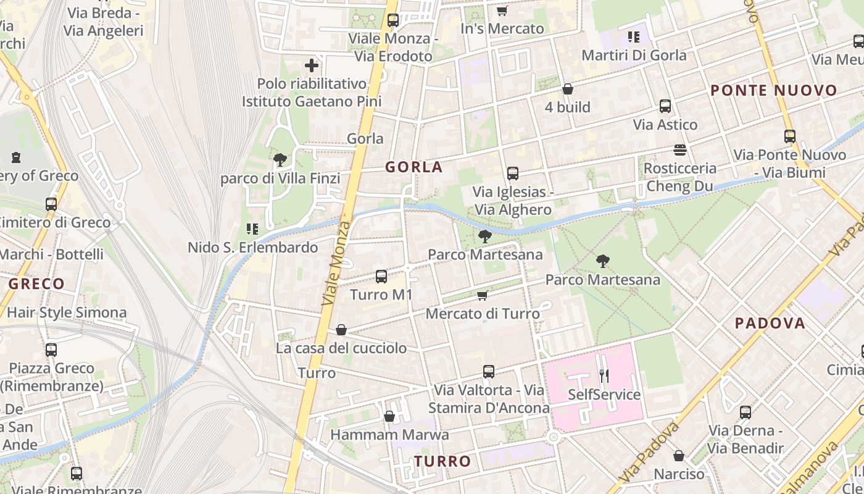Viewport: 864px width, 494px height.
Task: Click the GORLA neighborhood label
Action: click(x=414, y=167)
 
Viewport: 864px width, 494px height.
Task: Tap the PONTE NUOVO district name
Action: click(x=774, y=91)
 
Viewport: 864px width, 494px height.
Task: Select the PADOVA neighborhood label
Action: click(x=770, y=323)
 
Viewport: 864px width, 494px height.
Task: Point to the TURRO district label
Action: click(x=442, y=461)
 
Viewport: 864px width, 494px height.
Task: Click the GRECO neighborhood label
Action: click(x=36, y=284)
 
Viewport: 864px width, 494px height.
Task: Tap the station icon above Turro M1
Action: click(x=381, y=276)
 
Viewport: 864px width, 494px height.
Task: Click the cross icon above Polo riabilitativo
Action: click(x=312, y=65)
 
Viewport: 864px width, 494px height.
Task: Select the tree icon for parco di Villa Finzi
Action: click(x=280, y=161)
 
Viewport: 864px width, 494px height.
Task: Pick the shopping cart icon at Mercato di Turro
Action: click(x=483, y=296)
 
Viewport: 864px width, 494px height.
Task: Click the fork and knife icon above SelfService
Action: click(x=604, y=375)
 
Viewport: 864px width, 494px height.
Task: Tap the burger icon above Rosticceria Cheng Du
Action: click(x=680, y=150)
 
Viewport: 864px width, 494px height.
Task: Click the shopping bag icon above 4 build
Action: click(x=568, y=90)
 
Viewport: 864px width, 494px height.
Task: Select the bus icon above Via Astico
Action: click(x=665, y=106)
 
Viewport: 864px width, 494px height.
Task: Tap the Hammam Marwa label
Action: click(x=389, y=435)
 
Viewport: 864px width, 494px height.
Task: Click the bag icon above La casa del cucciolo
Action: click(x=341, y=330)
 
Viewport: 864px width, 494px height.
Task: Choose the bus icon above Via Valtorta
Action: click(x=489, y=372)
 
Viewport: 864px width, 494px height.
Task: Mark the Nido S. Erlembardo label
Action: click(x=253, y=248)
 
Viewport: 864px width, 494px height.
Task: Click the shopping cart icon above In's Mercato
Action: click(x=502, y=10)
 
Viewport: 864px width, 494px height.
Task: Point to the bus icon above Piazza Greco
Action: click(x=51, y=350)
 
